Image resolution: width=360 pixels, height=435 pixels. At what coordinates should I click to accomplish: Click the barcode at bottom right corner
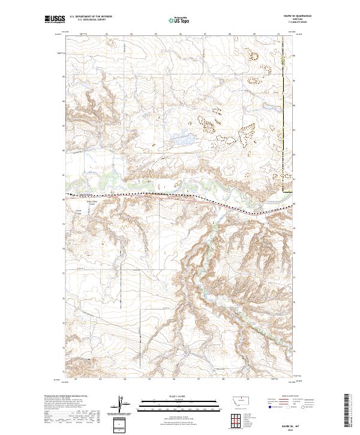(347, 411)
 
